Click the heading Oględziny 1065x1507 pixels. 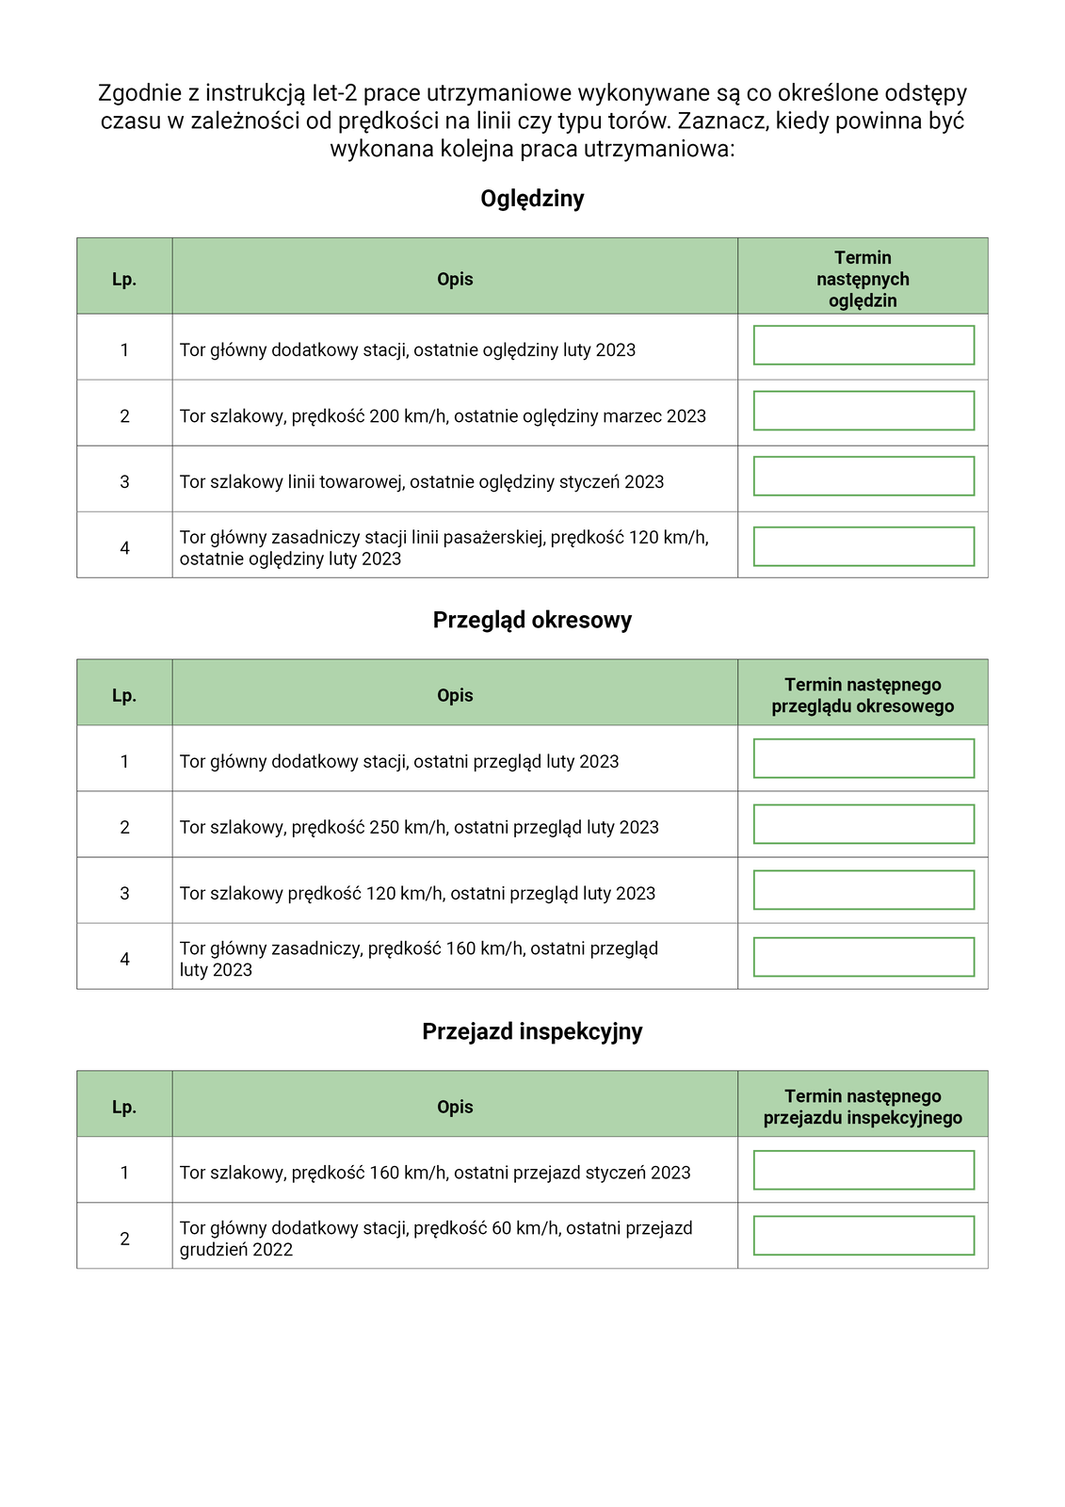[x=532, y=199]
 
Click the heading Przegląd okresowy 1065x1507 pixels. [x=532, y=620]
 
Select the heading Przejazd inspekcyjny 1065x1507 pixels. [x=532, y=1031]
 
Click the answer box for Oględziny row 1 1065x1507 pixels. [x=863, y=346]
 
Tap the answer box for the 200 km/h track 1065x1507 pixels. [x=863, y=411]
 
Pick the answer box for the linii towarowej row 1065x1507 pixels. [x=863, y=477]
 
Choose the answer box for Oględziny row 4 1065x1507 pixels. [x=863, y=546]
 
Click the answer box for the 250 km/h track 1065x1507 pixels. [x=863, y=824]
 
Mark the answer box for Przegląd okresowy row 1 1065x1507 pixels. [x=863, y=758]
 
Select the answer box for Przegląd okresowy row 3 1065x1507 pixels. [x=863, y=890]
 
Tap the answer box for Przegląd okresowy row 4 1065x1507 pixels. [x=863, y=957]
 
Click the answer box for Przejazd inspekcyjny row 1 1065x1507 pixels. [x=863, y=1170]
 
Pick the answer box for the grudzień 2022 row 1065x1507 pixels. [x=863, y=1236]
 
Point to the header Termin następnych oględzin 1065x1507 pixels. [x=863, y=279]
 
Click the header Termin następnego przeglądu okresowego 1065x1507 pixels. [x=863, y=696]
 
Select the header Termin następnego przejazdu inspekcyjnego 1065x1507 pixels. [x=863, y=1107]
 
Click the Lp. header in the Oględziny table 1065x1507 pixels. [x=124, y=280]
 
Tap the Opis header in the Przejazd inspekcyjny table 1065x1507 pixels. [x=455, y=1107]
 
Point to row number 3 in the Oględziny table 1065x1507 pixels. [x=124, y=482]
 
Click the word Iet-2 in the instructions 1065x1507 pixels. [x=334, y=93]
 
